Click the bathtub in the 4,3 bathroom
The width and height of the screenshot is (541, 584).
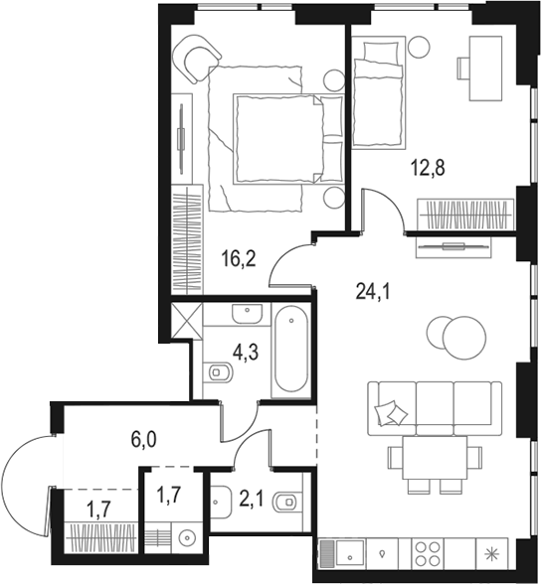pos(291,351)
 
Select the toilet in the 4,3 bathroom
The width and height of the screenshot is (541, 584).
pos(219,373)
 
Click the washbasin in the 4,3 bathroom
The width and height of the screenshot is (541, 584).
pos(246,316)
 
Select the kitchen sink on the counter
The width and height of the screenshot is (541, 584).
pos(343,552)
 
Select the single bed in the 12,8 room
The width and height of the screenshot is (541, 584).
pos(379,92)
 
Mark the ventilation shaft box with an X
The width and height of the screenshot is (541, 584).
pos(184,320)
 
